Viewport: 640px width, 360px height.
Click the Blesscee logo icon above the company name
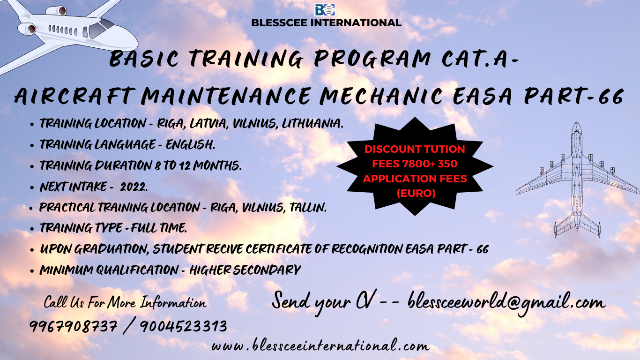325,10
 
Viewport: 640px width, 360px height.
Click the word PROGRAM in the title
372,59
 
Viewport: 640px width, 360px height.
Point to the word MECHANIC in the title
380,96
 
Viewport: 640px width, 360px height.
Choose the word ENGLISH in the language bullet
190,145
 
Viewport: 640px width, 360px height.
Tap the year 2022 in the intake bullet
134,187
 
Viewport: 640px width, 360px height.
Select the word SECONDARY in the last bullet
267,270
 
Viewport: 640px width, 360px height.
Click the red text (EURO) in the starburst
416,193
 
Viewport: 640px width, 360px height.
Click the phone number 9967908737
73,326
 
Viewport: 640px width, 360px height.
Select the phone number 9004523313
184,326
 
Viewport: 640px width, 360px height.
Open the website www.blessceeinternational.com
320,345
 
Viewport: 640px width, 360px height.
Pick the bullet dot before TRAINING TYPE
32,229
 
